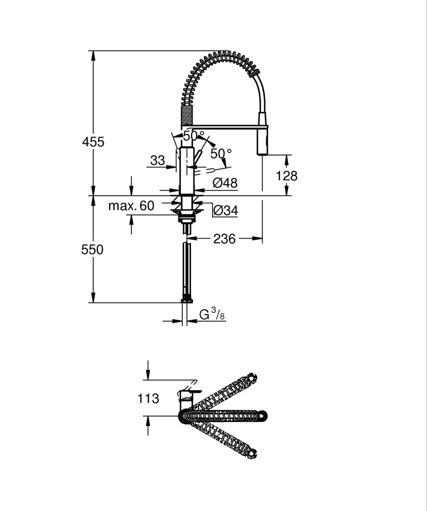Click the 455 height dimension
point(93,142)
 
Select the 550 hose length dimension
point(93,250)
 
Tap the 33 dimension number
point(157,161)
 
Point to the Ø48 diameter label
point(225,183)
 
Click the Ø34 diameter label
point(225,210)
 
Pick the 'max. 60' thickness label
point(131,206)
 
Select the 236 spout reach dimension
point(225,239)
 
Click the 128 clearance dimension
point(287,176)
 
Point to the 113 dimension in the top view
point(148,398)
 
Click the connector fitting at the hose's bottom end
point(187,299)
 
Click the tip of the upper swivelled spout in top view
point(251,379)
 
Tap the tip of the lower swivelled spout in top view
point(251,453)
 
